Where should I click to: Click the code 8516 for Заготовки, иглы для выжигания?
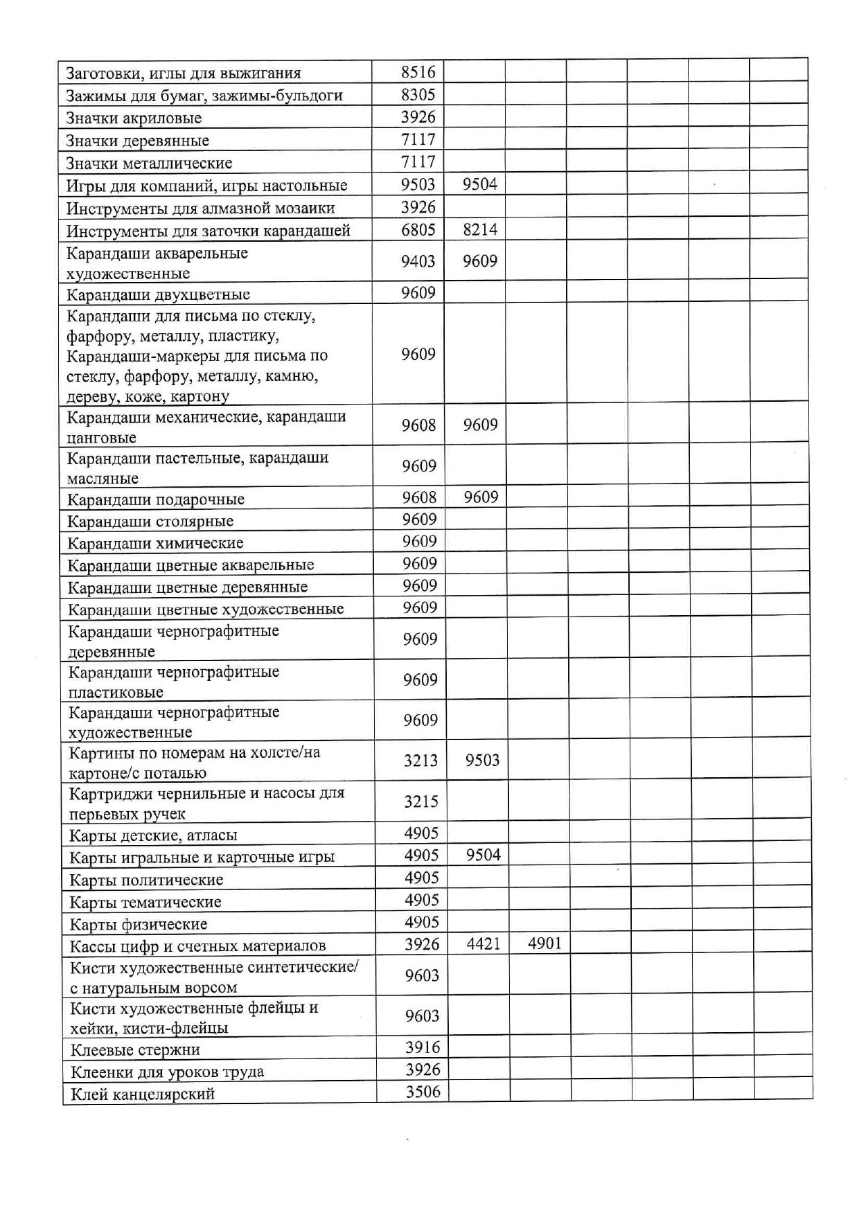pos(418,72)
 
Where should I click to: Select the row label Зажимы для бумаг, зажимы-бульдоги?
pos(204,96)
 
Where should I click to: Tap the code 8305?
pos(418,94)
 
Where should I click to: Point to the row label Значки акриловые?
pos(134,118)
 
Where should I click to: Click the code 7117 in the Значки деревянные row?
pos(418,139)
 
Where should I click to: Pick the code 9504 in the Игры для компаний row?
pos(480,184)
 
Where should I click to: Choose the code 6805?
pos(418,230)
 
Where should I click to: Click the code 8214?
pos(480,230)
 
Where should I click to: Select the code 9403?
pos(418,261)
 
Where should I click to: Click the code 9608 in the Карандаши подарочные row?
pos(419,497)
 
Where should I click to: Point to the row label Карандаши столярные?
pos(150,521)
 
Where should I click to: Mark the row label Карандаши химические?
pos(155,543)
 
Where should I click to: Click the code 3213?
pos(420,761)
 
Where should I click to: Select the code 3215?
pos(421,801)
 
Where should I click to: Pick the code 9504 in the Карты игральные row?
pos(483,855)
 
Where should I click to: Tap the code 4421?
pos(483,943)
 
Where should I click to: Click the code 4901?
pos(544,943)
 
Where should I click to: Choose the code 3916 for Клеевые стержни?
pos(423,1047)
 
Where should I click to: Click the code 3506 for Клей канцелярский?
pos(423,1092)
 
